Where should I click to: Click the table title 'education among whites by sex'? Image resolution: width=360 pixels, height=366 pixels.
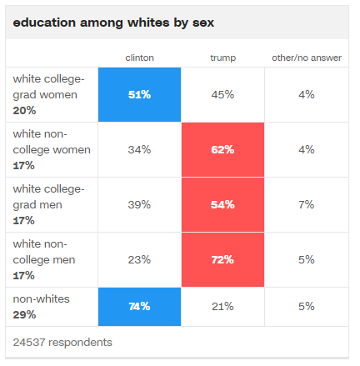(x=113, y=23)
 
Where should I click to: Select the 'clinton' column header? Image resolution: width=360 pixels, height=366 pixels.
(x=139, y=58)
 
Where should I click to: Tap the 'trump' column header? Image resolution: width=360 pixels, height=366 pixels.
(x=222, y=58)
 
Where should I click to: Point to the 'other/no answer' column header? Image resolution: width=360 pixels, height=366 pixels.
(x=307, y=58)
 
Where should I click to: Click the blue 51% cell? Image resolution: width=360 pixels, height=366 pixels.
(x=139, y=94)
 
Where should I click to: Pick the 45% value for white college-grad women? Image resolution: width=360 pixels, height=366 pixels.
(x=222, y=95)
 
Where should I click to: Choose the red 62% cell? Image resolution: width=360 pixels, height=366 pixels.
(x=222, y=149)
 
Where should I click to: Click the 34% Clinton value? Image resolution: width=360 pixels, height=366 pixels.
(x=139, y=150)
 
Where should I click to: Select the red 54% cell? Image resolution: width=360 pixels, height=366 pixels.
(x=222, y=204)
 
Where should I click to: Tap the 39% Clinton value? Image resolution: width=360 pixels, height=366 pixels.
(x=139, y=205)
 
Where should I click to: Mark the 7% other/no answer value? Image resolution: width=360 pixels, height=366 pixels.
(x=307, y=205)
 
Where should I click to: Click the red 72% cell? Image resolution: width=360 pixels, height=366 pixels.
(x=222, y=259)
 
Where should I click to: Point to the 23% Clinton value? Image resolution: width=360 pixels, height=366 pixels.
(x=139, y=260)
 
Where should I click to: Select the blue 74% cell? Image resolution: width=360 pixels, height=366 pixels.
(x=139, y=307)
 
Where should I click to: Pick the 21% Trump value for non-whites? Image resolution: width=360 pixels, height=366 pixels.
(x=222, y=307)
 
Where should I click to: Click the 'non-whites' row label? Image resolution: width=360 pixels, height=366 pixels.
(x=41, y=299)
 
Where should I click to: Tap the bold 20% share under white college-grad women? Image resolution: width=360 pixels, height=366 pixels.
(x=24, y=111)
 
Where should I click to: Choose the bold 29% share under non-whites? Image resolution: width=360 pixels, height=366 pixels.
(x=24, y=315)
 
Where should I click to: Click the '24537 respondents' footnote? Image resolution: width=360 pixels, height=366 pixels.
(x=62, y=343)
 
